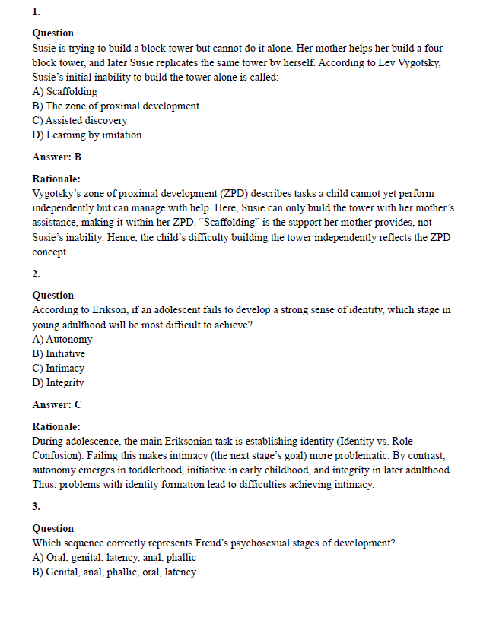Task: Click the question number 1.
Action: (x=36, y=12)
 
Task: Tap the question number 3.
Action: (x=36, y=506)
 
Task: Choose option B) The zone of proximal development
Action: (x=116, y=106)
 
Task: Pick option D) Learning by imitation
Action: (x=87, y=135)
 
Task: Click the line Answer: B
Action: (x=57, y=157)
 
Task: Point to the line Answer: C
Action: (x=57, y=405)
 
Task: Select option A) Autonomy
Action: (x=62, y=340)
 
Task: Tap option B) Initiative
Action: (x=59, y=354)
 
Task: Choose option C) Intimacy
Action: (x=59, y=369)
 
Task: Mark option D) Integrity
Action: (x=58, y=383)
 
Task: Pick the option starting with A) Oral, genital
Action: (x=114, y=558)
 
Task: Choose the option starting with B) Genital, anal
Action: (x=114, y=572)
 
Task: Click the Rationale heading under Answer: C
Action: (x=56, y=427)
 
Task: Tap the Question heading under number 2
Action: (x=53, y=296)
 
